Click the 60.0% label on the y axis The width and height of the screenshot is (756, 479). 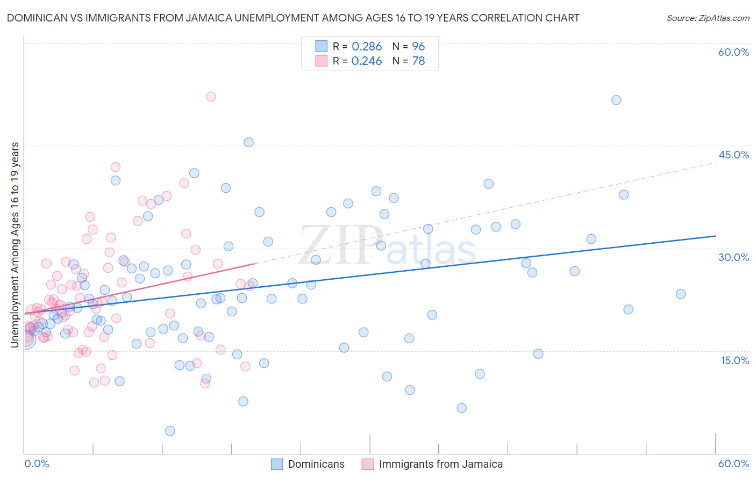[x=733, y=52]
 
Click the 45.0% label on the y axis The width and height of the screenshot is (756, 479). [x=733, y=155]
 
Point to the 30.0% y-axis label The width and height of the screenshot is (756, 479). [x=733, y=257]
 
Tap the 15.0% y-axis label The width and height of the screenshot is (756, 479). [x=734, y=360]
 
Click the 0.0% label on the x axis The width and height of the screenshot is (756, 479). [x=37, y=463]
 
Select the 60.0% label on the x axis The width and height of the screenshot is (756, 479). [x=733, y=463]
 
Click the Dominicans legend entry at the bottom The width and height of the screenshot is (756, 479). [x=316, y=464]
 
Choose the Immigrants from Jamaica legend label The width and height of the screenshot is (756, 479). [x=441, y=464]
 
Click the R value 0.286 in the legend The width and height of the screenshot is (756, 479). [x=367, y=47]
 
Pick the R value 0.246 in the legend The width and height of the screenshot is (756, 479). [x=367, y=61]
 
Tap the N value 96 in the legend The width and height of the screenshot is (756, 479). [x=418, y=47]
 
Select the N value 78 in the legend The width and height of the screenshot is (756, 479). [x=418, y=61]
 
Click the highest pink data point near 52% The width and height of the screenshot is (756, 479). [x=211, y=97]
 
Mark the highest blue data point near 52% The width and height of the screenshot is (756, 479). [x=616, y=100]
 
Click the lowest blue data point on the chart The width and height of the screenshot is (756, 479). [x=170, y=431]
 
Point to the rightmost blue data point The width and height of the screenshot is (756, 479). [x=681, y=294]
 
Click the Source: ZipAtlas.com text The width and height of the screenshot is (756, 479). [x=708, y=18]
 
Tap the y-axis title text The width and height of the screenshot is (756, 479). [x=15, y=245]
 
